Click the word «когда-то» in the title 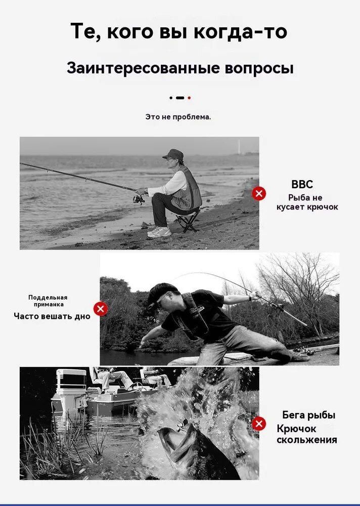[x=241, y=31]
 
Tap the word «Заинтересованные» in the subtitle [x=142, y=68]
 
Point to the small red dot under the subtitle [x=189, y=98]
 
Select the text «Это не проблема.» [x=178, y=117]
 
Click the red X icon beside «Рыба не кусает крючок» [x=259, y=194]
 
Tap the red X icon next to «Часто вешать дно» [x=101, y=309]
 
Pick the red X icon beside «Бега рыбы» [x=259, y=424]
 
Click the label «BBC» [x=302, y=184]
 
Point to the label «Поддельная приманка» [x=48, y=301]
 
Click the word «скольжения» [x=307, y=440]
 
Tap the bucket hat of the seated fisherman [x=173, y=154]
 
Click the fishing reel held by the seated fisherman [x=139, y=199]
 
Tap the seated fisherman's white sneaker [x=159, y=232]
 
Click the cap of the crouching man [x=162, y=291]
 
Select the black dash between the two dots [x=180, y=98]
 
